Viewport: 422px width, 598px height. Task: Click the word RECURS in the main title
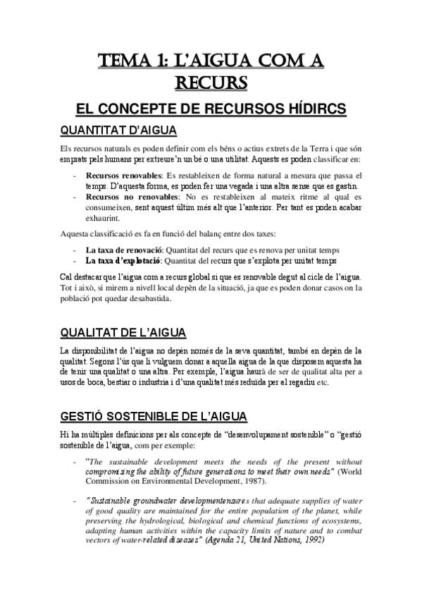(x=211, y=83)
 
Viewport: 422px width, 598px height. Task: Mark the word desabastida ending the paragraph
(x=148, y=298)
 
